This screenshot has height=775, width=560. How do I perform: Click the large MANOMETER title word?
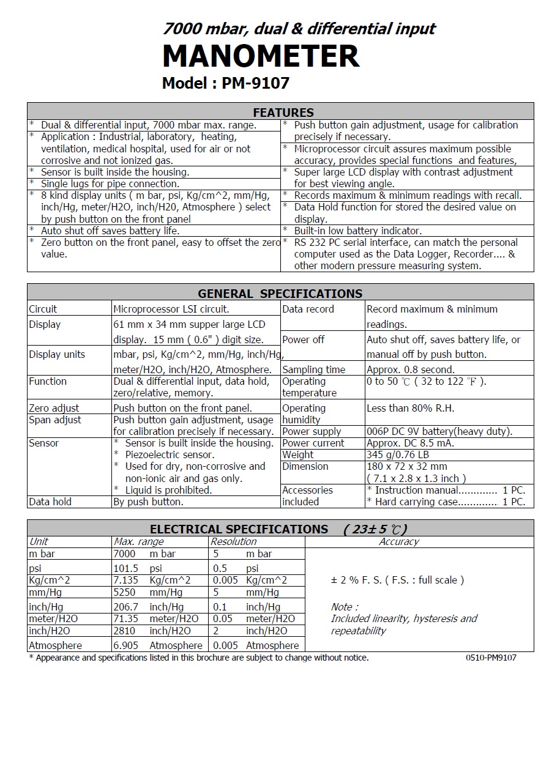click(x=261, y=56)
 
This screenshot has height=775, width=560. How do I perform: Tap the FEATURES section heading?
click(x=283, y=113)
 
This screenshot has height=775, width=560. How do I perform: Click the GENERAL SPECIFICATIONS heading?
click(x=280, y=293)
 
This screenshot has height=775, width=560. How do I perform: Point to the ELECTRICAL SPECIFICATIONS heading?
click(x=239, y=529)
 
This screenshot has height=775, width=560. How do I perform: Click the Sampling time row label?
click(x=313, y=369)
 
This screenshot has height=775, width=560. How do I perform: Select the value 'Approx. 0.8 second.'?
click(x=410, y=369)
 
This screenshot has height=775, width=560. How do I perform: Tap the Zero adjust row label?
click(x=54, y=408)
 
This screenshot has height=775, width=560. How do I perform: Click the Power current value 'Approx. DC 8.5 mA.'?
click(x=410, y=443)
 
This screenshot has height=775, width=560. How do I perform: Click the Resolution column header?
click(x=233, y=541)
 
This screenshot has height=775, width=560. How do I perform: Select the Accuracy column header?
click(x=399, y=541)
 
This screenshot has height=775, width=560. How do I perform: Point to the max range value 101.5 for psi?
click(x=126, y=568)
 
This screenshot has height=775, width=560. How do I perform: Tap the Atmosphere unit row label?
click(x=55, y=645)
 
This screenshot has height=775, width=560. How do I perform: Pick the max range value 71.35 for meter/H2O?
click(x=126, y=618)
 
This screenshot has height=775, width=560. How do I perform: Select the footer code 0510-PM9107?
click(x=491, y=658)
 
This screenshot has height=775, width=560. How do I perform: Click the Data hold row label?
click(x=50, y=502)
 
